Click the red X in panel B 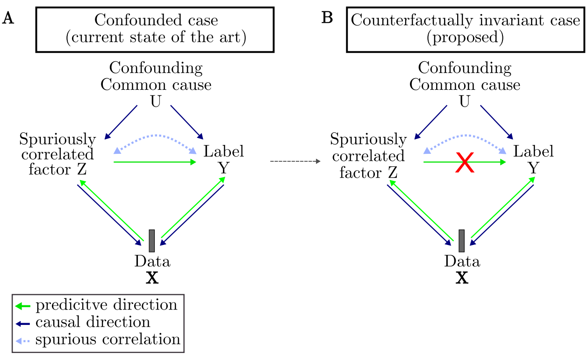[465, 164]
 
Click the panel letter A [8, 18]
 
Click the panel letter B [327, 18]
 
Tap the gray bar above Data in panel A [151, 241]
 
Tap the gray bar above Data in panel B [461, 241]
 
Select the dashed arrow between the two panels [295, 161]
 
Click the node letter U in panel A [156, 101]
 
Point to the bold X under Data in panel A [152, 278]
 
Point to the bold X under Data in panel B [462, 278]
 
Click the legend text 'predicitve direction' [107, 305]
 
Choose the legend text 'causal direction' [93, 322]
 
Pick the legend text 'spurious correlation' [108, 339]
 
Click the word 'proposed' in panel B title [465, 37]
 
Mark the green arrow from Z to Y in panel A [155, 162]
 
